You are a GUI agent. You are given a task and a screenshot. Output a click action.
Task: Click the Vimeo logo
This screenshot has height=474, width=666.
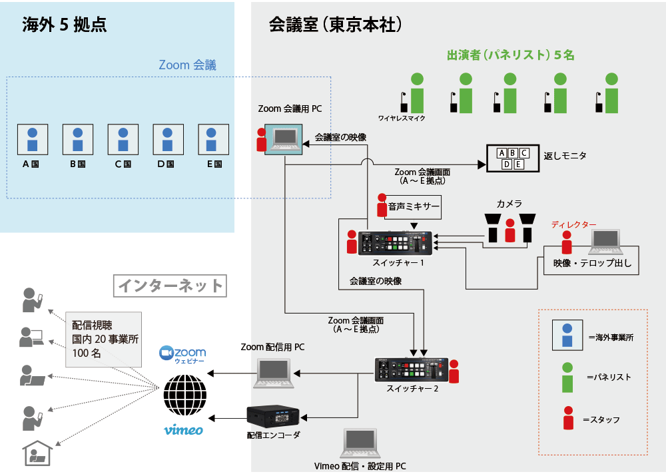pyautogui.click(x=183, y=430)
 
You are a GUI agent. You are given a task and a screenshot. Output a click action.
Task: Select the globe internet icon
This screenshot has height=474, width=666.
pyautogui.click(x=185, y=393)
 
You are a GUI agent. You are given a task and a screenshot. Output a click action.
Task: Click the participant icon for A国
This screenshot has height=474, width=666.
pyautogui.click(x=32, y=139)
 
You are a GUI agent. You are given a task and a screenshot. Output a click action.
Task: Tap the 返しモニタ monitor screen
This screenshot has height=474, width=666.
pyautogui.click(x=511, y=159)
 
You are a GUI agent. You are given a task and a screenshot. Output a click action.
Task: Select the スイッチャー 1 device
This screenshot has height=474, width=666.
pyautogui.click(x=396, y=243)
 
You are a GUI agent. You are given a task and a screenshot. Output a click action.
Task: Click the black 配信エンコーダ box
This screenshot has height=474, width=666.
pyautogui.click(x=273, y=417)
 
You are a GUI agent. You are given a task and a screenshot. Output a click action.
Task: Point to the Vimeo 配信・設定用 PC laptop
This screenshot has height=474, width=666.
pyautogui.click(x=360, y=443)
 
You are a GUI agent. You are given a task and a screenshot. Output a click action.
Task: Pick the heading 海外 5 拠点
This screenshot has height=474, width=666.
pyautogui.click(x=65, y=25)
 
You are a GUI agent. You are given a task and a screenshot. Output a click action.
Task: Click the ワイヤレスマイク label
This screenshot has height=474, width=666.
pyautogui.click(x=402, y=118)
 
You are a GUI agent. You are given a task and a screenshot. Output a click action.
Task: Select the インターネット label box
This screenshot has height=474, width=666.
pyautogui.click(x=170, y=286)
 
